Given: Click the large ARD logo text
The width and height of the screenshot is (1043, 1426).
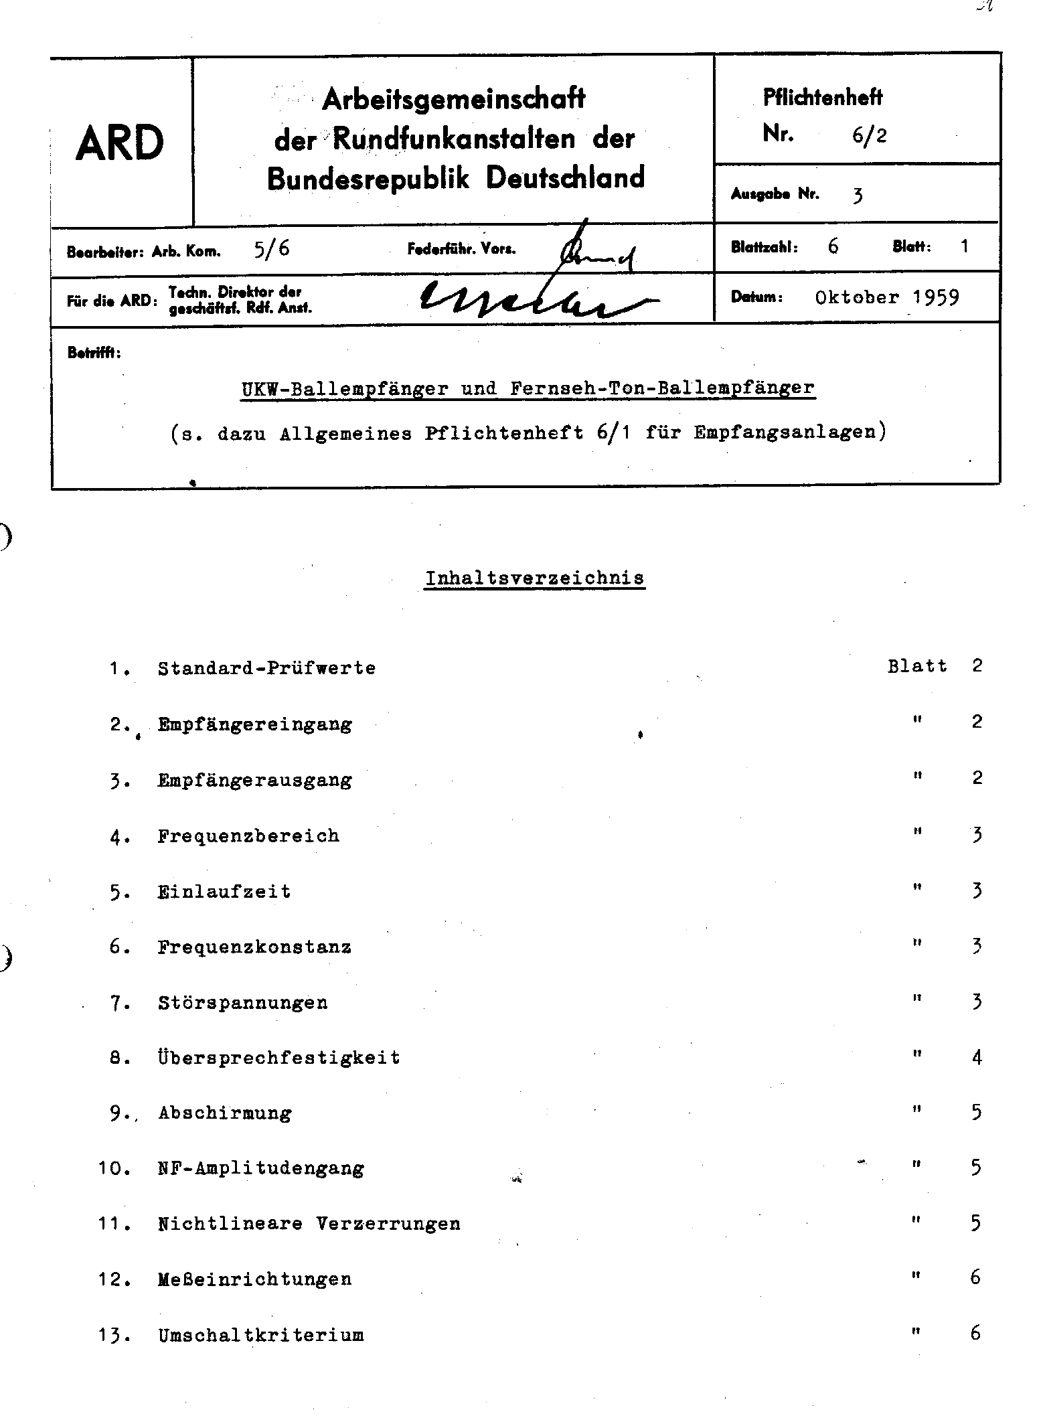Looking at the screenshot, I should pyautogui.click(x=120, y=143).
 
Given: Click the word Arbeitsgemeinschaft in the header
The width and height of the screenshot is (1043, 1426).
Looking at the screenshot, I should pyautogui.click(x=454, y=100).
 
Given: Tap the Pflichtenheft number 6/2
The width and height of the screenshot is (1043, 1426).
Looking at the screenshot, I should pyautogui.click(x=870, y=136).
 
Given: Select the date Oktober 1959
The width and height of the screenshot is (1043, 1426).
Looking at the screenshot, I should pyautogui.click(x=887, y=297).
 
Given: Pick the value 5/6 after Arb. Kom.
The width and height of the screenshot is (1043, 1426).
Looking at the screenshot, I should pyautogui.click(x=272, y=249).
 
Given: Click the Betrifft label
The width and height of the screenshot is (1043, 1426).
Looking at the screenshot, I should pyautogui.click(x=94, y=353).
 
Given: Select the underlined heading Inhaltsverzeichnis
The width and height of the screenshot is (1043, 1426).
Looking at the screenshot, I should pyautogui.click(x=535, y=578).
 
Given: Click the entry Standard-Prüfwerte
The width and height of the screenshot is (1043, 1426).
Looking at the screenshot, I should pyautogui.click(x=266, y=668).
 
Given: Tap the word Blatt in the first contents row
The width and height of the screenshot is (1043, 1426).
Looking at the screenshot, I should pyautogui.click(x=917, y=666).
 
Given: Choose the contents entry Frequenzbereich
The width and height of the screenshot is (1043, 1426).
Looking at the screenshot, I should pyautogui.click(x=248, y=836).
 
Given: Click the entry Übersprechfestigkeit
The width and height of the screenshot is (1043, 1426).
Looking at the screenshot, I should pyautogui.click(x=279, y=1058).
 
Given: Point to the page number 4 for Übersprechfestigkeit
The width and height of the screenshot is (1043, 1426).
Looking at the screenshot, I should pyautogui.click(x=977, y=1058).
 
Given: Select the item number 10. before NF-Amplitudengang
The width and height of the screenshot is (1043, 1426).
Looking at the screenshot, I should pyautogui.click(x=114, y=1169).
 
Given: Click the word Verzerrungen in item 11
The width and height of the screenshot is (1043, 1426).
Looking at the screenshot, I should pyautogui.click(x=388, y=1224).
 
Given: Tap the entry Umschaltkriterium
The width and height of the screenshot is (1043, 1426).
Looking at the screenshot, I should pyautogui.click(x=261, y=1336).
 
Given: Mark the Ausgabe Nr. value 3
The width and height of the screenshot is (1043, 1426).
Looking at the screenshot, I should pyautogui.click(x=858, y=195).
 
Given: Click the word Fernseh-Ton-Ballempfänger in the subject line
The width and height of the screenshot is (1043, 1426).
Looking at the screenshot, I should pyautogui.click(x=662, y=388).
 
